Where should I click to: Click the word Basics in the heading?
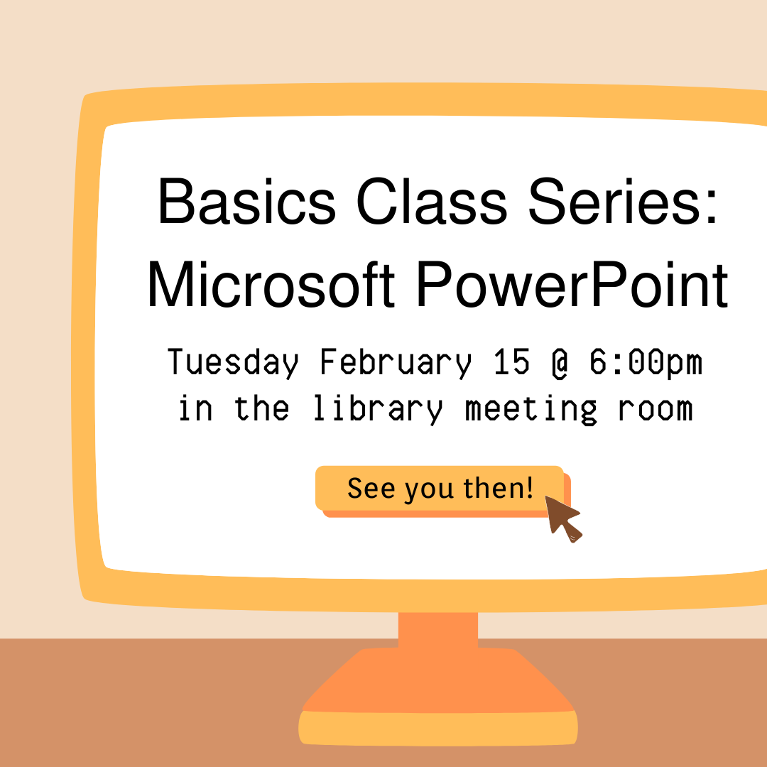click(246, 201)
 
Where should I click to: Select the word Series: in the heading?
click(623, 201)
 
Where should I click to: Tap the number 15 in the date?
click(511, 362)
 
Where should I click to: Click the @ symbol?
click(560, 364)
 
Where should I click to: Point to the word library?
click(378, 410)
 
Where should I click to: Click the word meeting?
click(531, 410)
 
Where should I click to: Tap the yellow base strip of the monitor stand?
click(437, 729)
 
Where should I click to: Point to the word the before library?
click(261, 408)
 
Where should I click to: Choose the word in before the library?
click(195, 408)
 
